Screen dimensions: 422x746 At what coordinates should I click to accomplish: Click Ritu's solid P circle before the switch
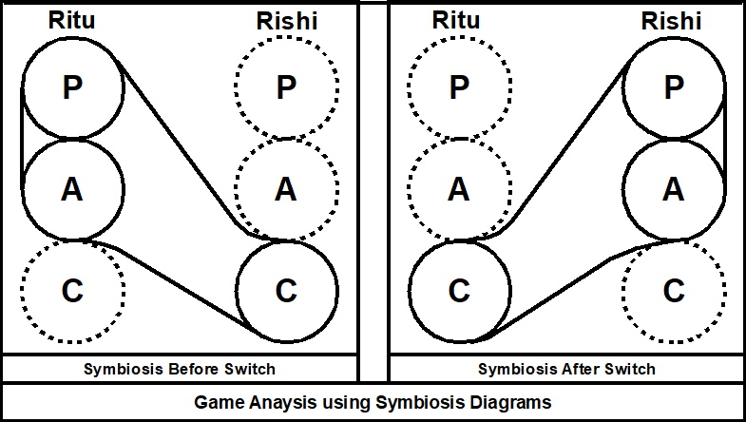72,87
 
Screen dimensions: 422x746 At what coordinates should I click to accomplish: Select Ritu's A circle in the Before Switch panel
72,189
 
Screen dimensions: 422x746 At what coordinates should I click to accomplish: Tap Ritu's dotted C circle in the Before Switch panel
72,291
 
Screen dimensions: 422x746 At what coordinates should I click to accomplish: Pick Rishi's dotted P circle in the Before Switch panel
286,87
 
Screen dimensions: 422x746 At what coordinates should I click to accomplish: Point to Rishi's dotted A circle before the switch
286,189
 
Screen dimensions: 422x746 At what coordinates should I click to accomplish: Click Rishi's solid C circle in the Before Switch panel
286,291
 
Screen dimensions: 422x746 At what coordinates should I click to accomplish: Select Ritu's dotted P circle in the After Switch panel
459,87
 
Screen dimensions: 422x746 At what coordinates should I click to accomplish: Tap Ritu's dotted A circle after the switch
459,189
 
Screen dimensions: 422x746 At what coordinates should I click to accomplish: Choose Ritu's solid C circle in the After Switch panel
459,291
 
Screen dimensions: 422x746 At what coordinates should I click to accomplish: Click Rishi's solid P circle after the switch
674,87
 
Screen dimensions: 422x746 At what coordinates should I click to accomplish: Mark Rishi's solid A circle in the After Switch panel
674,189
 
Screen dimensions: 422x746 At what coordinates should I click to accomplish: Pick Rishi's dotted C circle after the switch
674,291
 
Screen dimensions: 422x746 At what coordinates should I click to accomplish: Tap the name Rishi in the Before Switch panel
286,21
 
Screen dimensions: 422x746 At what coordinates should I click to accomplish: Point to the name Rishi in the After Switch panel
673,21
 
